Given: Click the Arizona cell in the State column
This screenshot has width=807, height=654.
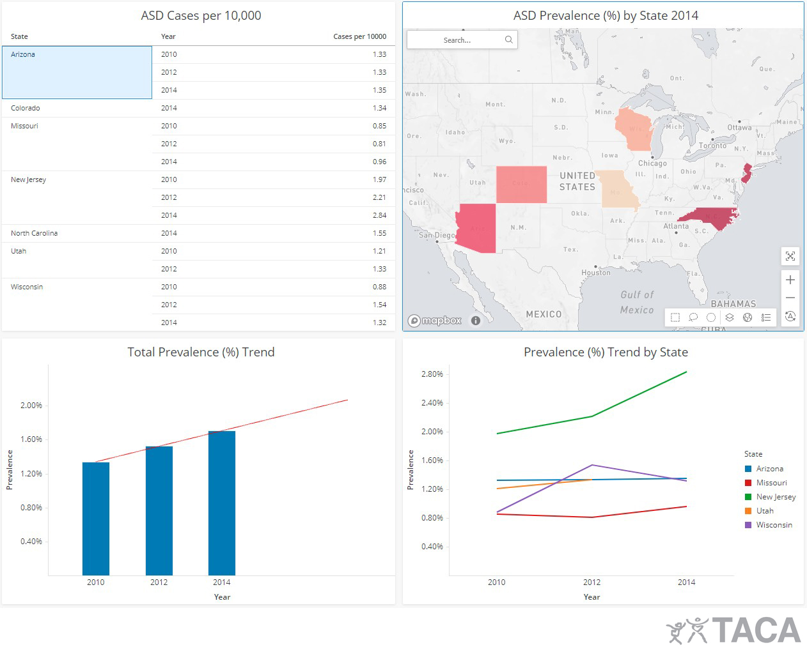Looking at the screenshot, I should pos(23,55).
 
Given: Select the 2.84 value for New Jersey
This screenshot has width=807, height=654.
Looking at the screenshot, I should pos(379,215).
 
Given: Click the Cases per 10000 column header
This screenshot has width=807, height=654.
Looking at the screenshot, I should pos(359,36).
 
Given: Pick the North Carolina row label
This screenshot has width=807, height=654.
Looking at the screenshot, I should pos(35,233).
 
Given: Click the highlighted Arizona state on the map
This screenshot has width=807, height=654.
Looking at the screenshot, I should pos(477,227).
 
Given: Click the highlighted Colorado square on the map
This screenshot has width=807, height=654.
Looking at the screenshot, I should pos(521,184).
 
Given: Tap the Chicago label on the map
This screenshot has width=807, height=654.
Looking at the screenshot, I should pos(652,163).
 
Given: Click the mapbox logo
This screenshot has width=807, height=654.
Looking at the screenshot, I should pos(435,321).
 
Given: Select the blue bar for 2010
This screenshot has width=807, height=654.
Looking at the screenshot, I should pos(96,518).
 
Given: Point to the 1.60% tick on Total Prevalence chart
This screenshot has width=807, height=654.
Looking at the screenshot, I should pos(31,439).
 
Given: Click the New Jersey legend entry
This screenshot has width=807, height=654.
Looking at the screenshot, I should pos(776,497).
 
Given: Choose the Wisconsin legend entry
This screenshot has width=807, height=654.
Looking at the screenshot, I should pos(774,525).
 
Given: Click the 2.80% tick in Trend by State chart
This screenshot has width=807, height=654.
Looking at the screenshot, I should pos(432,374).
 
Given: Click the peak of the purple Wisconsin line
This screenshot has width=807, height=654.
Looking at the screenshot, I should pos(592,465).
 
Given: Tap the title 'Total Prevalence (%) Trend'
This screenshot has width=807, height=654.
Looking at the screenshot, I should pos(201,352).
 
